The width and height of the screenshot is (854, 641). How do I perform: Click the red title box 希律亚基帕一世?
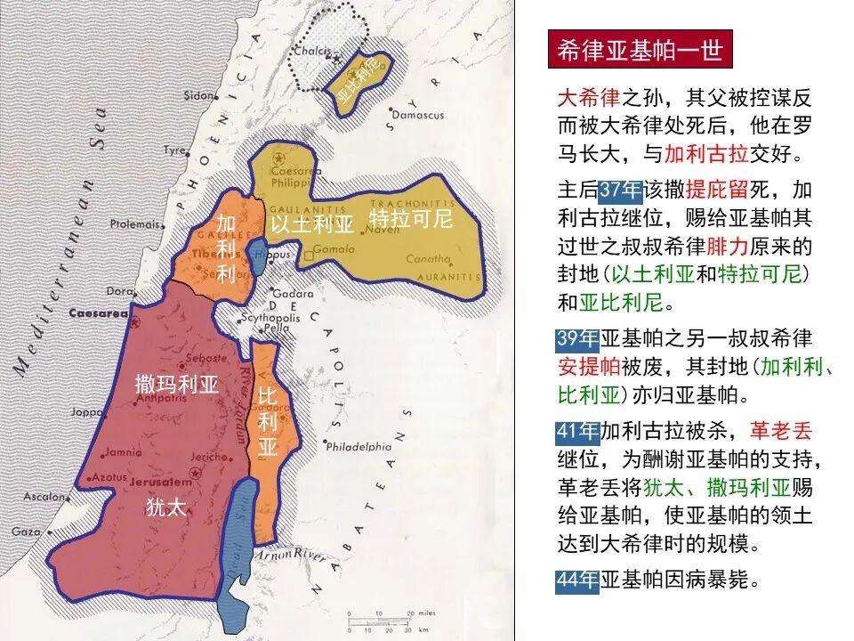click(x=639, y=50)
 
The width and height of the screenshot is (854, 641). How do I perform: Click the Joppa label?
click(x=87, y=412)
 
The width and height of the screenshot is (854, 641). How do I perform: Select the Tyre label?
click(x=173, y=150)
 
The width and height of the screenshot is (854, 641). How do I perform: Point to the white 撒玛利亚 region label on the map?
click(x=176, y=385)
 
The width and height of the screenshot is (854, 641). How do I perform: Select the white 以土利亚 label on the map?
click(x=312, y=223)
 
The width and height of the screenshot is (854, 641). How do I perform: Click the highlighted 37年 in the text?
click(x=620, y=191)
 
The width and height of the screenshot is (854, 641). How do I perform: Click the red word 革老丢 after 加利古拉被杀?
click(x=780, y=432)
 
